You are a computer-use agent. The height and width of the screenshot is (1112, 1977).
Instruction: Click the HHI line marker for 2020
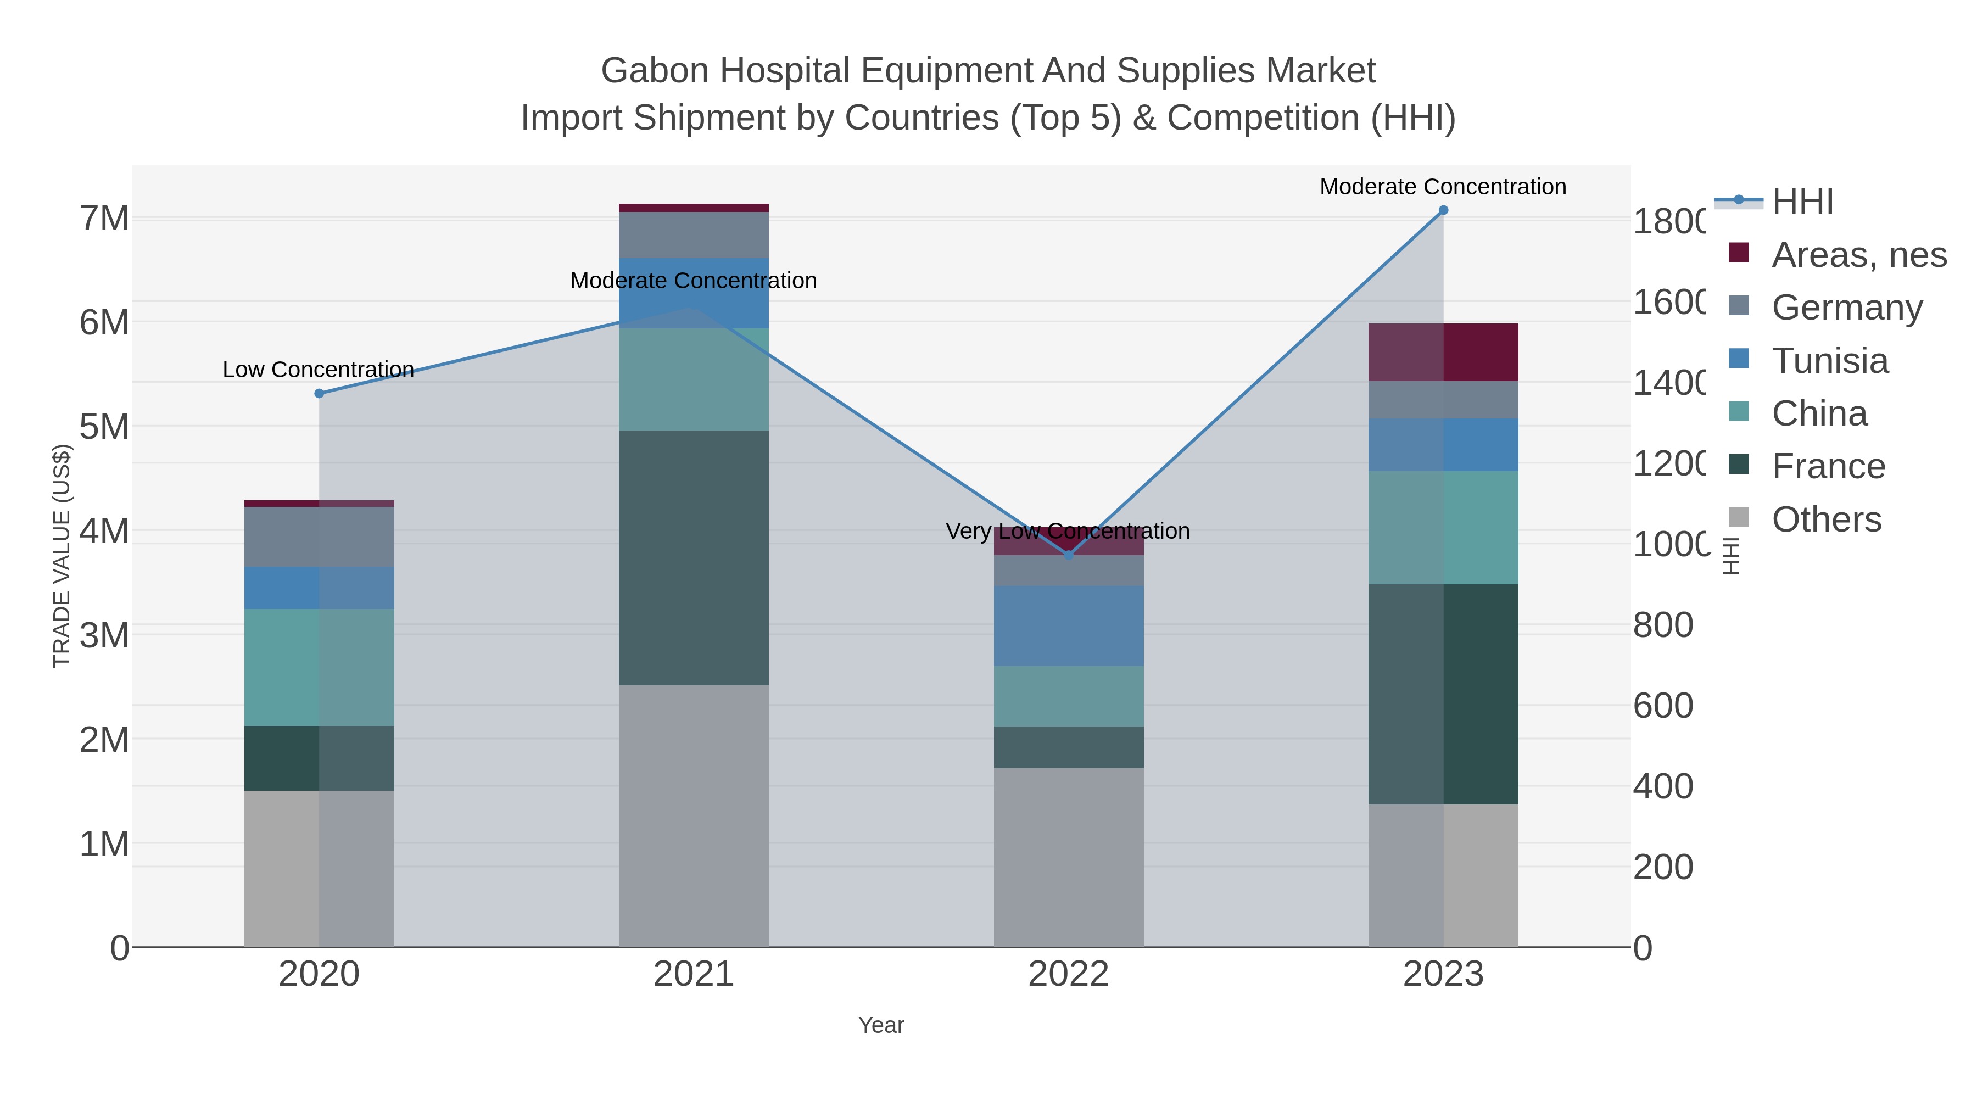click(x=319, y=394)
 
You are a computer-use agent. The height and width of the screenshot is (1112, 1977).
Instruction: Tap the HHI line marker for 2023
click(x=1443, y=210)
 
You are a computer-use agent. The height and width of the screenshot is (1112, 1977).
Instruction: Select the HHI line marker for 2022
click(x=1068, y=555)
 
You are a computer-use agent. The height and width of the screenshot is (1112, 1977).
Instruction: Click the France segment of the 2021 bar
click(x=693, y=557)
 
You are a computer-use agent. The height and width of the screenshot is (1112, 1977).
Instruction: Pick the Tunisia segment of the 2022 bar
click(x=1068, y=625)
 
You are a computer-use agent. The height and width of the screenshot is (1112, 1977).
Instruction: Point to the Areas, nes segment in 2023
click(x=1443, y=352)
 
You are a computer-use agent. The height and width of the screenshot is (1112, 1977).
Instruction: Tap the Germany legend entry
click(x=1846, y=307)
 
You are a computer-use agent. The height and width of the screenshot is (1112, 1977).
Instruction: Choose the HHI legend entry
click(x=1802, y=202)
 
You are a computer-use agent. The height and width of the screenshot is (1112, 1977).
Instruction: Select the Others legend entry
click(x=1826, y=519)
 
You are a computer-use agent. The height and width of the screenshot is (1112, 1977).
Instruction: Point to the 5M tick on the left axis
click(x=104, y=427)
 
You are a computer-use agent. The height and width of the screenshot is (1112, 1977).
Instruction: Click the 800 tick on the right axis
click(x=1662, y=625)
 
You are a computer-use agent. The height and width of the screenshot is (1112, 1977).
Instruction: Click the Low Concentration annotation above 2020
click(x=319, y=370)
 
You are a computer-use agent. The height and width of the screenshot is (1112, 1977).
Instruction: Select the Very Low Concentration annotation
click(x=1068, y=531)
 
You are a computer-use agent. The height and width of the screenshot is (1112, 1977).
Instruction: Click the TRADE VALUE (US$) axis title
click(x=62, y=556)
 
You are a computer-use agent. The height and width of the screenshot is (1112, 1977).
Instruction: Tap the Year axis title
click(x=881, y=1025)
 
